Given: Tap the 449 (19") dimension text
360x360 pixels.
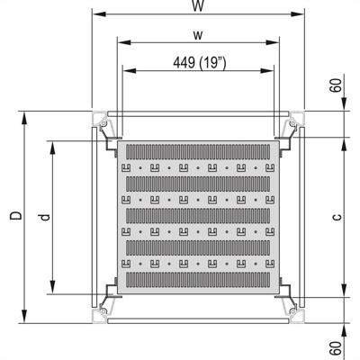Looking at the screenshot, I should tap(198, 62).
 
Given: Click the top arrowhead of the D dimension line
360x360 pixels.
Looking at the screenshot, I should tap(24, 113).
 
